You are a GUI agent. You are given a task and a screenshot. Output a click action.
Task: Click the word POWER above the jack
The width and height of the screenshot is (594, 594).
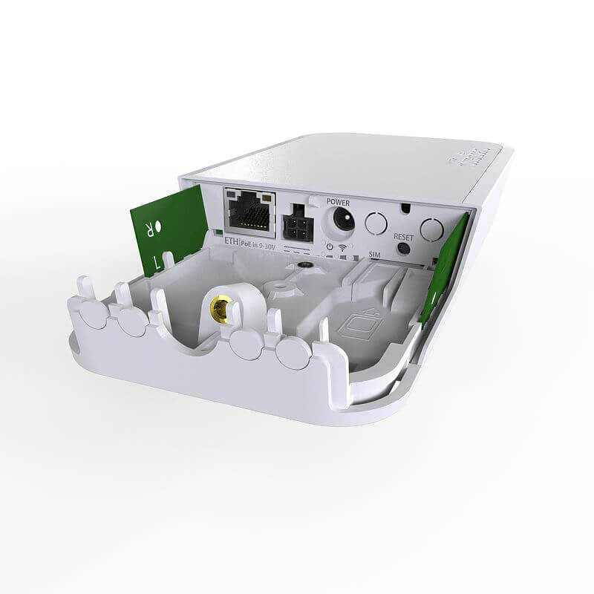coord(338,201)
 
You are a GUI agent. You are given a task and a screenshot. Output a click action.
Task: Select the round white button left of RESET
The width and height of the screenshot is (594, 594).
coord(377,223)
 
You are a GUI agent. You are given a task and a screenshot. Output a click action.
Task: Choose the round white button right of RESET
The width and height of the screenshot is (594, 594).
coord(431,228)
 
